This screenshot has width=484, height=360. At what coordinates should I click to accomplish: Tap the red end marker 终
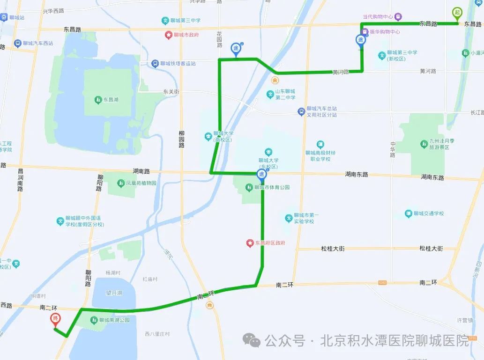click(x=55, y=320)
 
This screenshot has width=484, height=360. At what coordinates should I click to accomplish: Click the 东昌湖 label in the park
click(x=111, y=100)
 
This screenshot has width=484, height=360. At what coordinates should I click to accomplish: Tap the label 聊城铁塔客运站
click(x=178, y=64)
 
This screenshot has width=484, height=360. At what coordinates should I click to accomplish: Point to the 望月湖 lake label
click(x=114, y=293)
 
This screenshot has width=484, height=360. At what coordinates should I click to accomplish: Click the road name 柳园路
click(x=181, y=139)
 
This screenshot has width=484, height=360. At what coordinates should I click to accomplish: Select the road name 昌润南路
click(x=20, y=180)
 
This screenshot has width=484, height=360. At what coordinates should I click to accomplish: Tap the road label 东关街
click(x=171, y=92)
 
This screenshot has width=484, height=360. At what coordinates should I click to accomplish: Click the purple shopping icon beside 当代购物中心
click(x=398, y=17)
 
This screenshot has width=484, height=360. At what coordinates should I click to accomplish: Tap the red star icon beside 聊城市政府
click(x=169, y=35)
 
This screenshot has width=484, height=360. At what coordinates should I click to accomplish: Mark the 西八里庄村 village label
click(x=157, y=334)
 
